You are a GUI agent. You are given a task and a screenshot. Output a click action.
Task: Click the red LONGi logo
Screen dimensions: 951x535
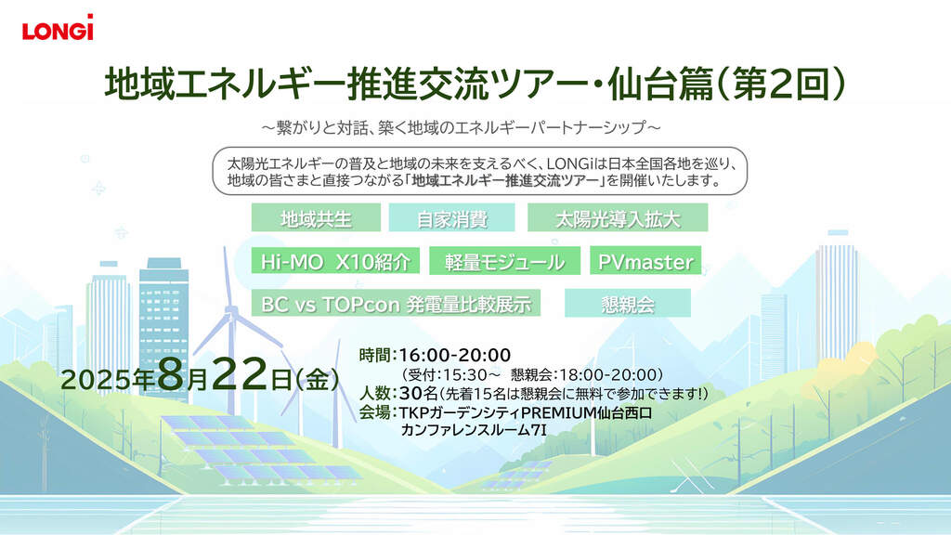58,27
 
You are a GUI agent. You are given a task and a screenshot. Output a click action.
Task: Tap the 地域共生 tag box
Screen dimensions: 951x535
316,217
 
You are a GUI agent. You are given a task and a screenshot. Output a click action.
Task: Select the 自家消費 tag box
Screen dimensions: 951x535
452,217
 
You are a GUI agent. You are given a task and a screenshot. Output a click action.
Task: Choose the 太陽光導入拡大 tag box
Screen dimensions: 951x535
618,217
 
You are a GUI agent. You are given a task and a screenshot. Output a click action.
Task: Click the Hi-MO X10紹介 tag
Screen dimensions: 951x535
335,261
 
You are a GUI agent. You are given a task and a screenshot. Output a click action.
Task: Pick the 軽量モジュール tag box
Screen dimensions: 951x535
504,261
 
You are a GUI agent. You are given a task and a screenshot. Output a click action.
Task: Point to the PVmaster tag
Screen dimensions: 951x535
645,261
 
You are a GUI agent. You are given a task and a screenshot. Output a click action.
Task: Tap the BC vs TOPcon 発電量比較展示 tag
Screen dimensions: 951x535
396,304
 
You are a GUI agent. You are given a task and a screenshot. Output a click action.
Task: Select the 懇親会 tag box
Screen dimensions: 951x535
628,304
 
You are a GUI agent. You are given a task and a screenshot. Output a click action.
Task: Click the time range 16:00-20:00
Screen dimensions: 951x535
454,356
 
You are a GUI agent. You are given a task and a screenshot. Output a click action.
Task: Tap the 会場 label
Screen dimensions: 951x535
375,412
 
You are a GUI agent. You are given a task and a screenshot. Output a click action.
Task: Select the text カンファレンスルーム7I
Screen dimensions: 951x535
474,431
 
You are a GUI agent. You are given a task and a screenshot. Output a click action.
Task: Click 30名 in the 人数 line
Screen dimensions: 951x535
418,393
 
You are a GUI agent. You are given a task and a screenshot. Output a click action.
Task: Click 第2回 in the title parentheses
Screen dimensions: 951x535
780,84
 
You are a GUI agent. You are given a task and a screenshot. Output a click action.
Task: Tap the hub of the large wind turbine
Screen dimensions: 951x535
231,311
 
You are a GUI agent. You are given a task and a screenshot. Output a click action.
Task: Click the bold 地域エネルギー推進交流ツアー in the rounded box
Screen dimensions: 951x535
506,180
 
